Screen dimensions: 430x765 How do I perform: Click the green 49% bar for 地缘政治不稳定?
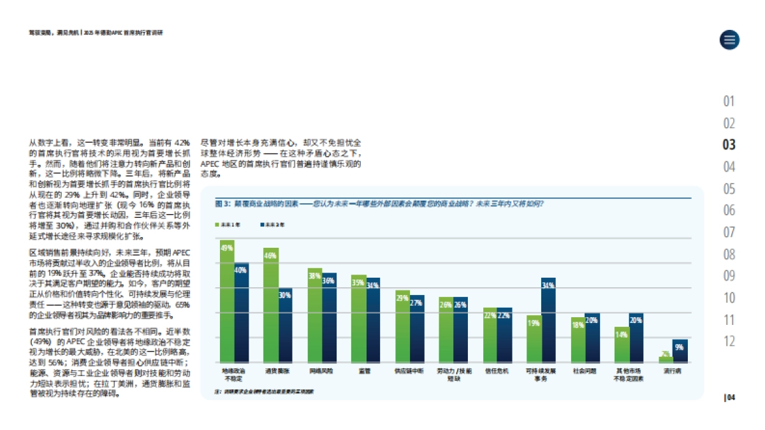coord(227,301)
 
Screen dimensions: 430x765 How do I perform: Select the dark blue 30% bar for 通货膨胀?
coord(285,326)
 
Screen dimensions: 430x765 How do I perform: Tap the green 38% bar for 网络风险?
coord(315,315)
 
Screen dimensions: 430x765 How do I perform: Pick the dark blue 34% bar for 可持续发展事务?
coord(549,320)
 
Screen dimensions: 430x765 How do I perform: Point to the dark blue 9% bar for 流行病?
coord(680,351)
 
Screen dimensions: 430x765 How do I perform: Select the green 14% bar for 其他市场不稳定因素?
coord(622,345)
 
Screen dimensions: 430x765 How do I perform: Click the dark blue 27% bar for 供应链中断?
coord(417,329)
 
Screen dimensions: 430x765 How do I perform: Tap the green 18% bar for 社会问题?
coord(578,340)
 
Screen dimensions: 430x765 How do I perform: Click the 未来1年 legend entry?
coord(229,225)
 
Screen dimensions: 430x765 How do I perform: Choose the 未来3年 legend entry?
coord(273,225)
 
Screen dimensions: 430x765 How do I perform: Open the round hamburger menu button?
coord(729,39)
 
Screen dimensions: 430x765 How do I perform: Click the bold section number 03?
coord(729,145)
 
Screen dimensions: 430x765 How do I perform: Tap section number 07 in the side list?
coord(729,232)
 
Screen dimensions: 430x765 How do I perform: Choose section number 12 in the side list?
coord(729,341)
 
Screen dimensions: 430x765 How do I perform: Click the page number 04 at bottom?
coord(731,398)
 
